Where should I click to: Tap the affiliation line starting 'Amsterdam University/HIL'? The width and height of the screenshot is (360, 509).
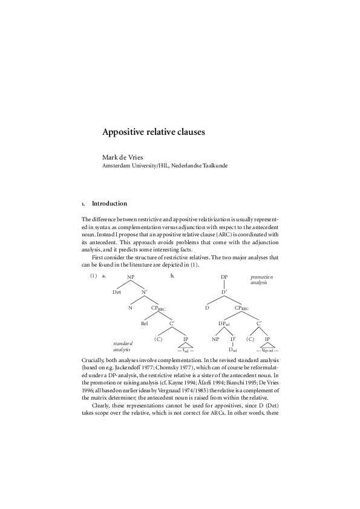165,165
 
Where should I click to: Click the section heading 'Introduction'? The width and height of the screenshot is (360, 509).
109,204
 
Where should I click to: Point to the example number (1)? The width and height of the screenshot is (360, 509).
93,276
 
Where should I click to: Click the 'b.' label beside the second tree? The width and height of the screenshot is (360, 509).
173,276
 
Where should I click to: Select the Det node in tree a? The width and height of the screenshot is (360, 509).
117,292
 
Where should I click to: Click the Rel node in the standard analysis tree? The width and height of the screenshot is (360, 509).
145,323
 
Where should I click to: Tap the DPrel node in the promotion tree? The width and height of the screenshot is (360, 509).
224,323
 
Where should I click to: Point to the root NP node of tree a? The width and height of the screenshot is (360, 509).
131,277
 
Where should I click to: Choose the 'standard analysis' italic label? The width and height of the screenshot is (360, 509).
123,346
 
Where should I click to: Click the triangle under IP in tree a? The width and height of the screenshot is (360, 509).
186,347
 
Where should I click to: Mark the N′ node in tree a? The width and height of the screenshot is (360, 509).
145,292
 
